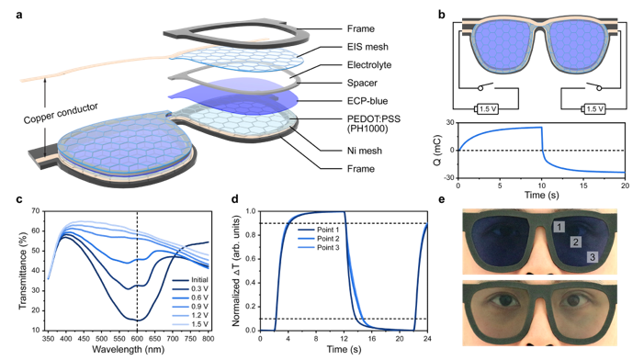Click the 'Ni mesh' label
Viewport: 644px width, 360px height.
(351, 150)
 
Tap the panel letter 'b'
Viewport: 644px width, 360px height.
(444, 12)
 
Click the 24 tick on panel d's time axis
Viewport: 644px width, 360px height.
(426, 338)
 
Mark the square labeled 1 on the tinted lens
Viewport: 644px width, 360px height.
(557, 225)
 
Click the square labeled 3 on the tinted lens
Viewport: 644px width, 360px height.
(593, 259)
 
